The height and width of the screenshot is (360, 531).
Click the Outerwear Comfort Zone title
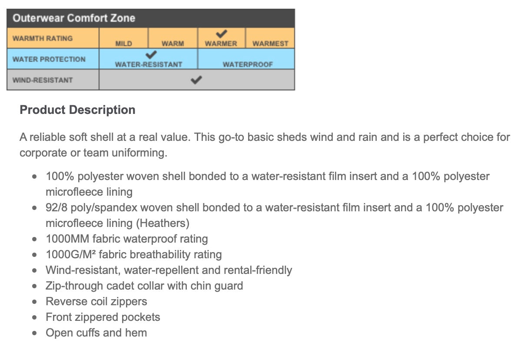point(74,18)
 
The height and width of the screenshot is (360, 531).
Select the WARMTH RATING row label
point(43,38)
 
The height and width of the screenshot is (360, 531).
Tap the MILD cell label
point(124,43)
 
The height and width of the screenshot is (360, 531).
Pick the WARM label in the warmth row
point(173,43)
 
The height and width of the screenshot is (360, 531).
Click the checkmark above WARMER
point(222,33)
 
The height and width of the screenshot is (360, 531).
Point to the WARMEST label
point(270,43)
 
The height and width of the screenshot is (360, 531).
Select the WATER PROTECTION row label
point(49,59)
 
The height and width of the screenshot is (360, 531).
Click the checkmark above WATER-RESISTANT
point(151,55)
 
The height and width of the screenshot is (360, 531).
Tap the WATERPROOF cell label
point(248,64)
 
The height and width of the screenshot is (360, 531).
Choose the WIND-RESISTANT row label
point(43,80)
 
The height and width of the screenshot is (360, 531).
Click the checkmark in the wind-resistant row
point(197,80)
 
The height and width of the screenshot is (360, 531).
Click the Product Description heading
point(78,110)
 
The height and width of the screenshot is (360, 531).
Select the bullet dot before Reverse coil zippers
point(35,302)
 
